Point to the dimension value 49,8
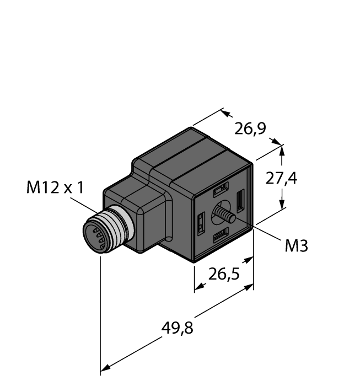(177, 329)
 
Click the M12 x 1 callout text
(55, 188)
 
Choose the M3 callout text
(297, 246)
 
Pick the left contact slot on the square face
(201, 223)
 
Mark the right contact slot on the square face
(240, 200)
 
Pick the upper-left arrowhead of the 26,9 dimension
(225, 113)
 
